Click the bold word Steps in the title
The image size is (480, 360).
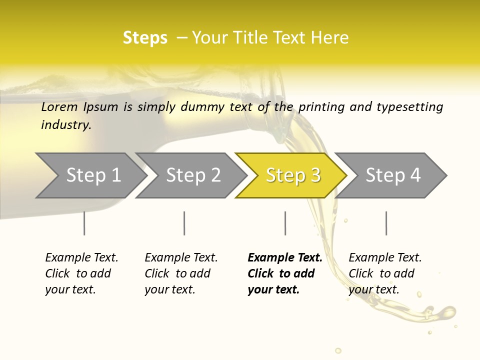[145, 38]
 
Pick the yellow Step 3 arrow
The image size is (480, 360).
[293, 175]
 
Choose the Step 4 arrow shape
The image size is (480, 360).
[393, 175]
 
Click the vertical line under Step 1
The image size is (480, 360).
[84, 223]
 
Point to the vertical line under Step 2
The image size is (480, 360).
[184, 223]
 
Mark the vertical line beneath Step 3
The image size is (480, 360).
[285, 223]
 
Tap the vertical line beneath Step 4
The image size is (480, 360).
[386, 223]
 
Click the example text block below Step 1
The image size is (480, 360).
[81, 273]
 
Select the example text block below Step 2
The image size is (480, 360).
[181, 273]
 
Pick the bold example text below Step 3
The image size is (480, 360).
[285, 273]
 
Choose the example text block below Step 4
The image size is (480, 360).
[385, 273]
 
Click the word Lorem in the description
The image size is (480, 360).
[59, 106]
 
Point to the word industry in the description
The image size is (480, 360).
[65, 124]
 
